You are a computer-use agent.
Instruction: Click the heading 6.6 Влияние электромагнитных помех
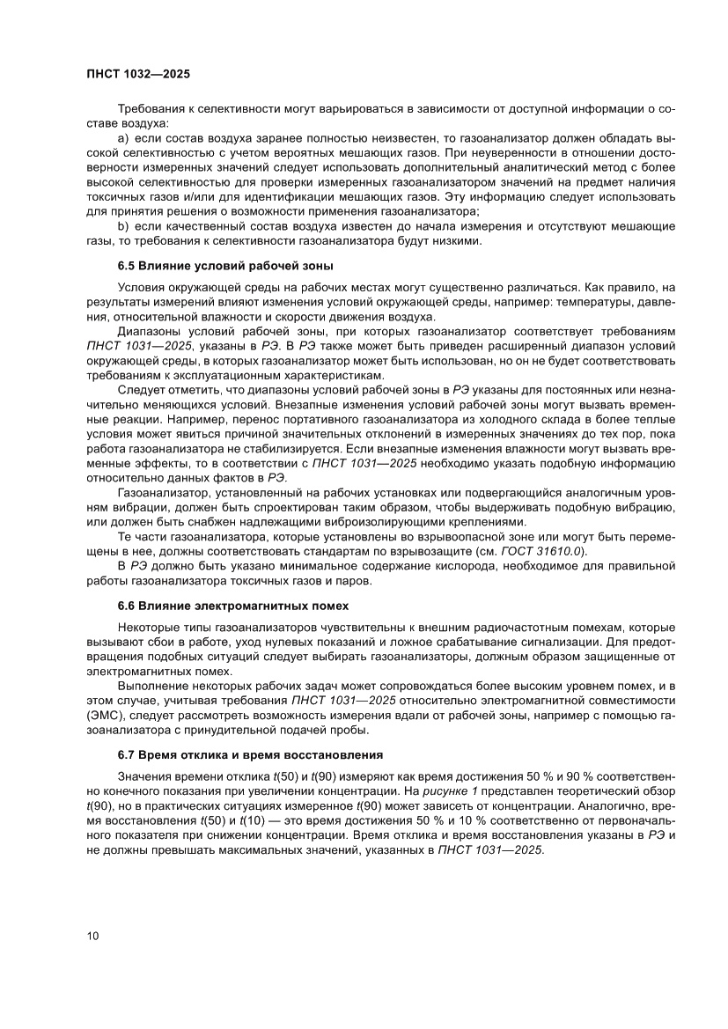tap(233, 606)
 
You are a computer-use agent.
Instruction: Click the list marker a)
tap(123, 139)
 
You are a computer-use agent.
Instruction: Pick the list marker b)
tap(123, 228)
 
